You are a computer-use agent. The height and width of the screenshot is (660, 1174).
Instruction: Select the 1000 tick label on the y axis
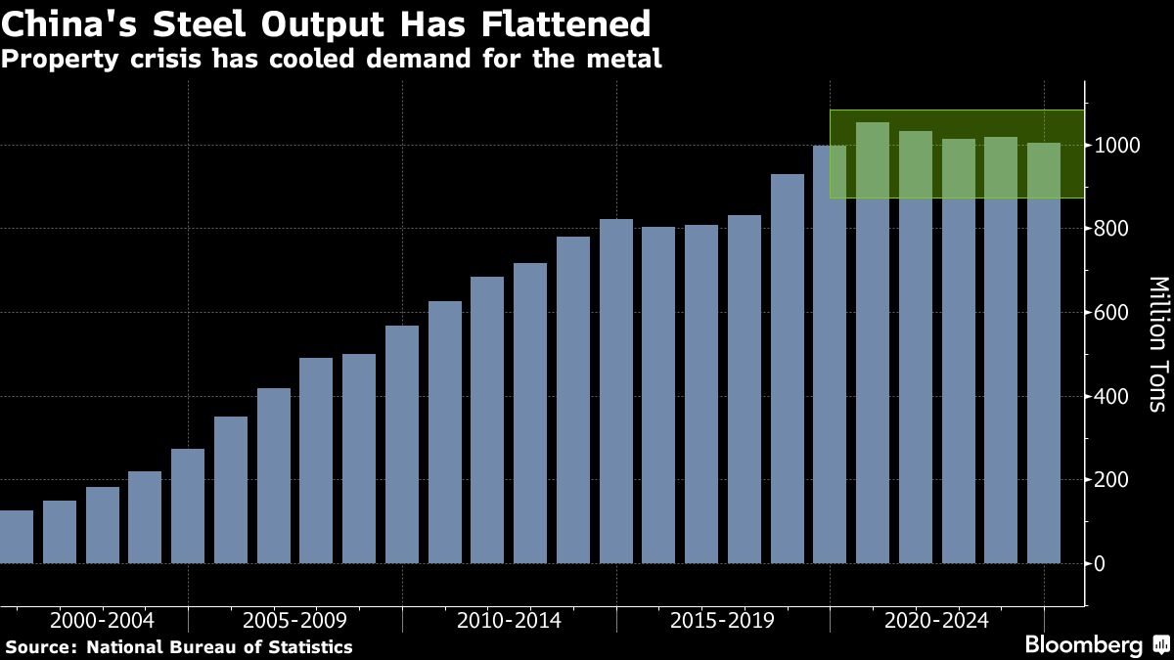coord(1118,146)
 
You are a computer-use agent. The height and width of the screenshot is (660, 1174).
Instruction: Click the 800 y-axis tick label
coord(1113,229)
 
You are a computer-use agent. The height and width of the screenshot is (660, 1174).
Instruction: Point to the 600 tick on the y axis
coord(1113,313)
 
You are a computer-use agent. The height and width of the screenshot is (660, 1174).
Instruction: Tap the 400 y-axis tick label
coord(1113,396)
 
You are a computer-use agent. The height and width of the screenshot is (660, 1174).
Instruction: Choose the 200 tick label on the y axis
coord(1113,480)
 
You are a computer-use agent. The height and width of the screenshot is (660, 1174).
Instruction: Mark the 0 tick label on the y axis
coord(1101,563)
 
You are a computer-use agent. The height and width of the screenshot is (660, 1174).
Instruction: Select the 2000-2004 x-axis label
coord(102,620)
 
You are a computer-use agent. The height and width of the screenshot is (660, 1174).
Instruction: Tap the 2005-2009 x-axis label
coord(294,620)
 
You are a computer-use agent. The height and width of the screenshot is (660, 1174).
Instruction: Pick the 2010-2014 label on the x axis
coord(509,620)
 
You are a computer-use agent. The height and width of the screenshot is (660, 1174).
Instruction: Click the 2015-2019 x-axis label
coord(723,620)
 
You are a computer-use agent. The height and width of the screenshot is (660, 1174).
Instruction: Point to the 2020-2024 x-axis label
coord(936,620)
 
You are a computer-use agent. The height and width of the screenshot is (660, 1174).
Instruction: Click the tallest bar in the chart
coord(873,342)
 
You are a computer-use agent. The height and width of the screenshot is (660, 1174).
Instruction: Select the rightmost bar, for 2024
coord(1044,352)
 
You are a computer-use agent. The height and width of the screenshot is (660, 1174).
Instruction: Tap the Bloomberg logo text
coord(1083,645)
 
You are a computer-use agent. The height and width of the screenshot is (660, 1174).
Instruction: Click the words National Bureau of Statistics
coord(220,646)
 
